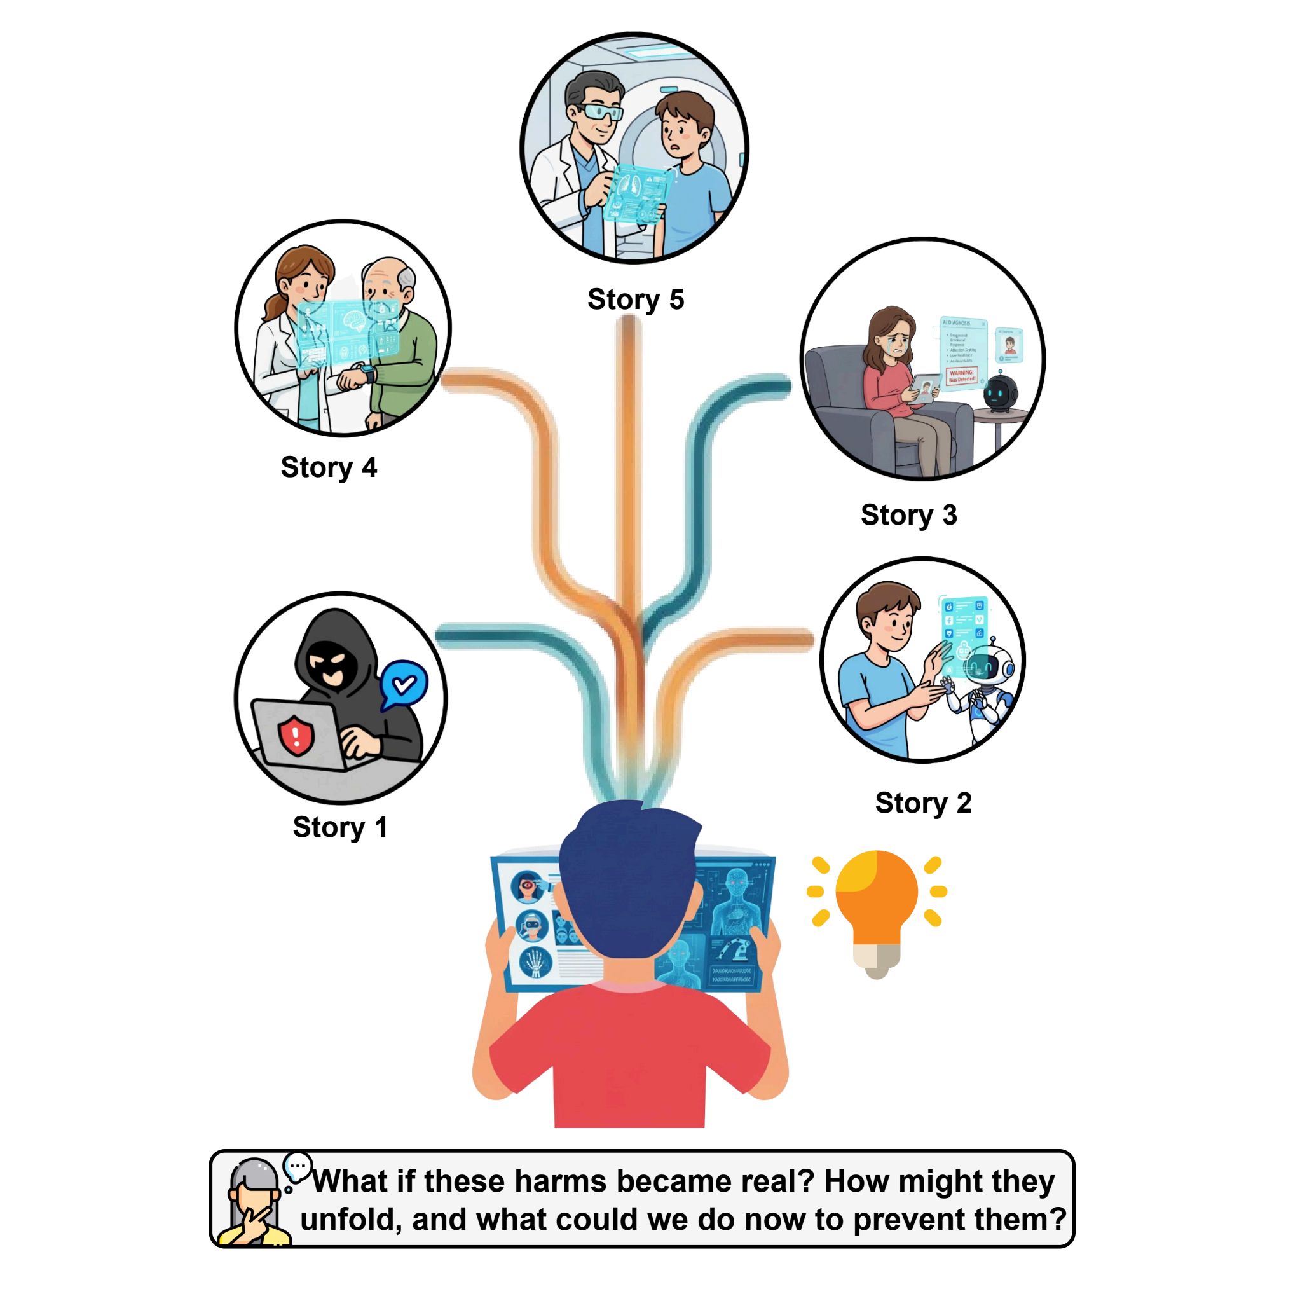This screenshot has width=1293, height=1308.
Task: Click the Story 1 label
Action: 339,827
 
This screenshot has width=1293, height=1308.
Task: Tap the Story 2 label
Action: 922,803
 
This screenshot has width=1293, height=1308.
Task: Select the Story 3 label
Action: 908,515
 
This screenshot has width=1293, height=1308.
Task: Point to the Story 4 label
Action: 328,468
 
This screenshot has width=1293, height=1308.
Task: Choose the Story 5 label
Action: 635,299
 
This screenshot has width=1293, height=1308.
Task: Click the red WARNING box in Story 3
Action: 961,376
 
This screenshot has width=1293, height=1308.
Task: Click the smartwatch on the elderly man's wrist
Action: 366,372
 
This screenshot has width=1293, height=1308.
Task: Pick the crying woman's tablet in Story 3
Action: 925,389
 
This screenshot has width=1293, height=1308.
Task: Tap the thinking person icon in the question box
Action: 254,1206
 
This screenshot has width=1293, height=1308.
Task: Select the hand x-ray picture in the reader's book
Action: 535,962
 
